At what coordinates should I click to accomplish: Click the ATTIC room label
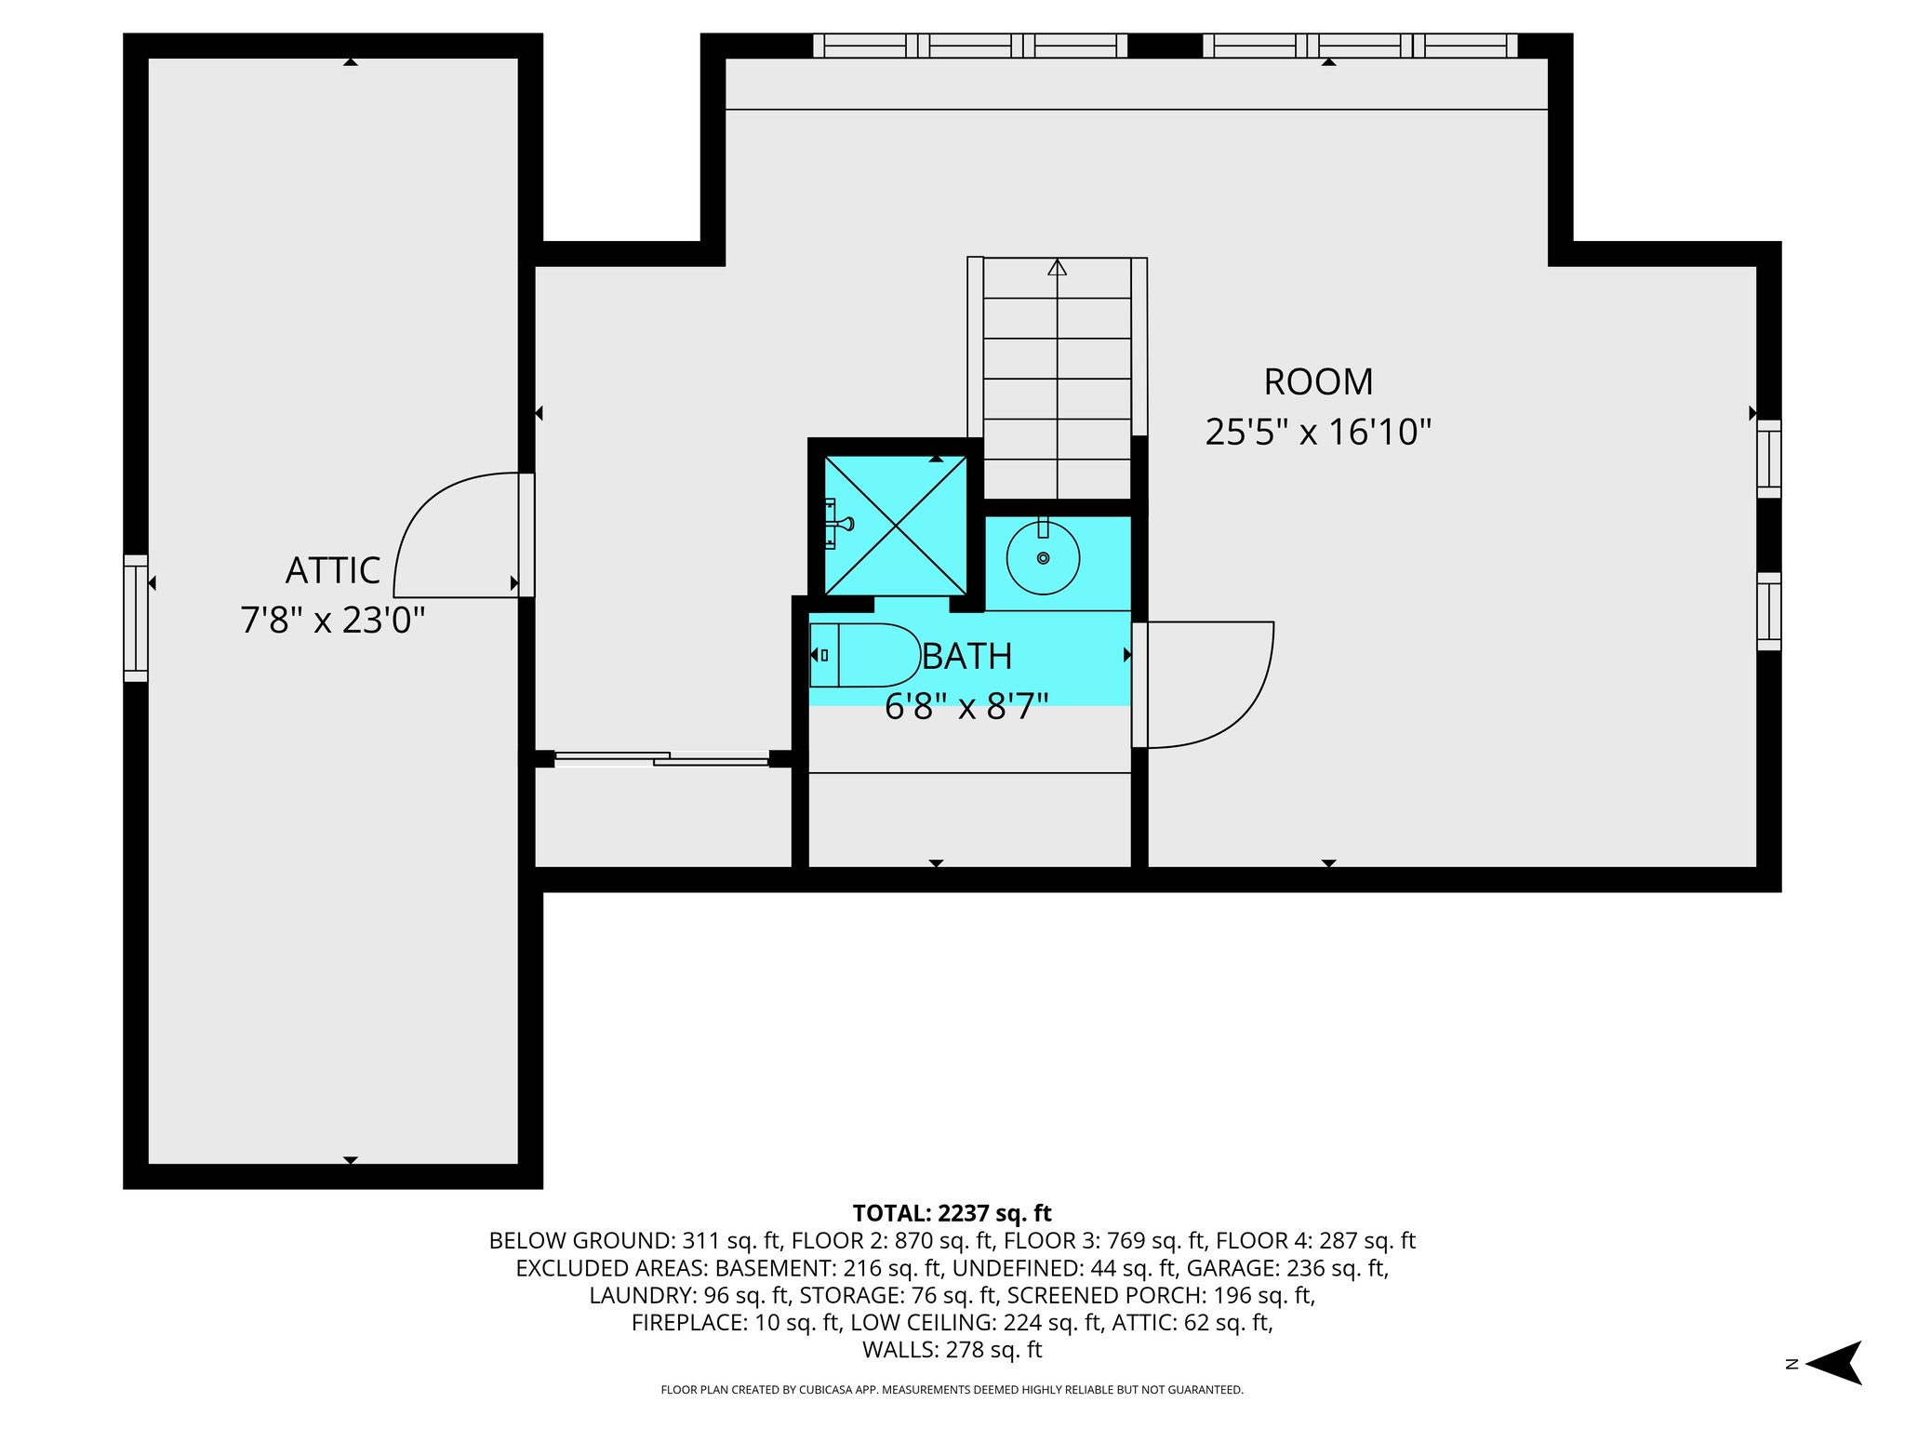pos(333,571)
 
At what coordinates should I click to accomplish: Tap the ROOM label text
pos(1318,382)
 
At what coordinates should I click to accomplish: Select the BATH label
pos(967,657)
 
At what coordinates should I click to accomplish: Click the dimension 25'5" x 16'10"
pos(1318,433)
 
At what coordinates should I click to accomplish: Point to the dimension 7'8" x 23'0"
pos(333,621)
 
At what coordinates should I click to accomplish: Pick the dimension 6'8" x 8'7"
pos(966,707)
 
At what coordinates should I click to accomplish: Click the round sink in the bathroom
pos(1044,557)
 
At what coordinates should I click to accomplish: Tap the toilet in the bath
pos(865,655)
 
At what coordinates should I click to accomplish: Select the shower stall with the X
pos(896,526)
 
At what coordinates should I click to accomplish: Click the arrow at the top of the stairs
pos(1057,267)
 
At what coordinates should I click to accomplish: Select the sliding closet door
pos(661,758)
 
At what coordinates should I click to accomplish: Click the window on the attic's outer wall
pos(136,619)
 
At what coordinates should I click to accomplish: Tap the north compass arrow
pos(1833,1364)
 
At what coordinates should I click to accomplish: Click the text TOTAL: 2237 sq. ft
pos(952,1213)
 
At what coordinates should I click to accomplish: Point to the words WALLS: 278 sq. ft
pos(952,1350)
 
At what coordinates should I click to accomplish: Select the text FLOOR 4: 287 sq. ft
pos(1315,1241)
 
